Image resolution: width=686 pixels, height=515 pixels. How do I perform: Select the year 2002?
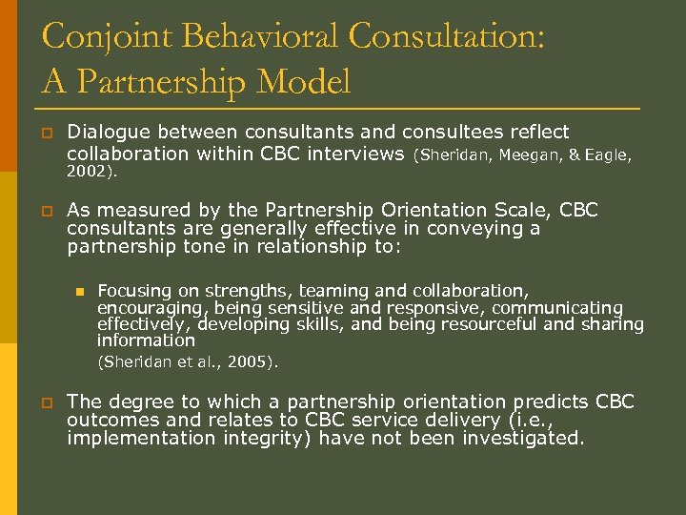(x=89, y=173)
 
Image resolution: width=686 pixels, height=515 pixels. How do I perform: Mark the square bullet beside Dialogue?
(x=46, y=133)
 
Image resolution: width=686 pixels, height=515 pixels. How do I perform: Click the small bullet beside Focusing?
(x=81, y=291)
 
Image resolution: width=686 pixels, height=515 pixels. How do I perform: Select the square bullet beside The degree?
(x=46, y=402)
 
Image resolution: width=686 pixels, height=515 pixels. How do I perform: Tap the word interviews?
(x=357, y=154)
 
